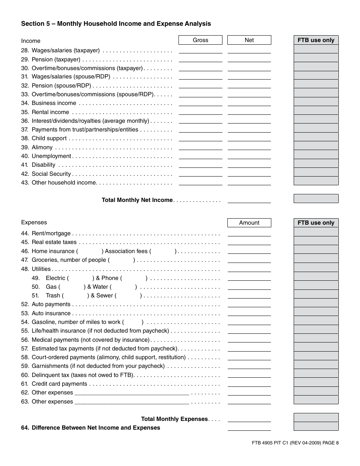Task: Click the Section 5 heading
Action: pyautogui.click(x=116, y=24)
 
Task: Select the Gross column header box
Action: pyautogui.click(x=200, y=40)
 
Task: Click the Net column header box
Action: pyautogui.click(x=249, y=40)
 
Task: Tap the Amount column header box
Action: pyautogui.click(x=249, y=223)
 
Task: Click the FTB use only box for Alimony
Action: pyautogui.click(x=316, y=146)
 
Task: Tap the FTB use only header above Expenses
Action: pyautogui.click(x=316, y=223)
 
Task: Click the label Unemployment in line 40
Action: pyautogui.click(x=51, y=156)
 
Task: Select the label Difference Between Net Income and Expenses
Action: pyautogui.click(x=96, y=428)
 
